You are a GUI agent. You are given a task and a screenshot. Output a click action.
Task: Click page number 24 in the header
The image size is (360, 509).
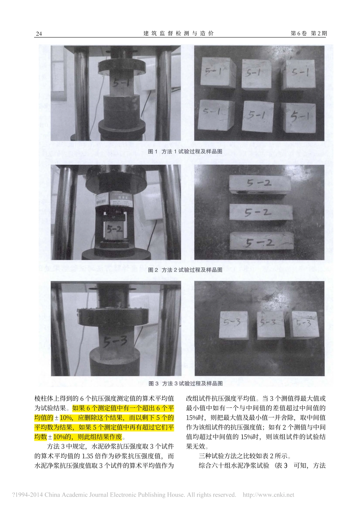click(39, 34)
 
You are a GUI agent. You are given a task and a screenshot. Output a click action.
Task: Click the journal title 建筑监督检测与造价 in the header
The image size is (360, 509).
click(178, 33)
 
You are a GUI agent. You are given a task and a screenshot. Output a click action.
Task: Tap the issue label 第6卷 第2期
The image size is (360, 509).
click(308, 33)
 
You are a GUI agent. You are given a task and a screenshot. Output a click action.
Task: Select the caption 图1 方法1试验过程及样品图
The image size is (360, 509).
click(185, 151)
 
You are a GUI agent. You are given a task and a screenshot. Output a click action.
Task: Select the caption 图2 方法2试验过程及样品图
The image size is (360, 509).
click(185, 270)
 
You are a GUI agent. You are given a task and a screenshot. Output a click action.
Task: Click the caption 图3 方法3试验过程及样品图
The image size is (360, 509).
click(186, 384)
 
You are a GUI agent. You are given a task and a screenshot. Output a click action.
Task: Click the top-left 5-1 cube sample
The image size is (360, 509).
click(217, 72)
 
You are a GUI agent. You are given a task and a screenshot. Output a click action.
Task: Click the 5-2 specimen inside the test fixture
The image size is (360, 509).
click(114, 230)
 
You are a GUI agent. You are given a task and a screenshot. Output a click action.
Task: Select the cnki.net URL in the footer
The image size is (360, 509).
click(268, 495)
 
